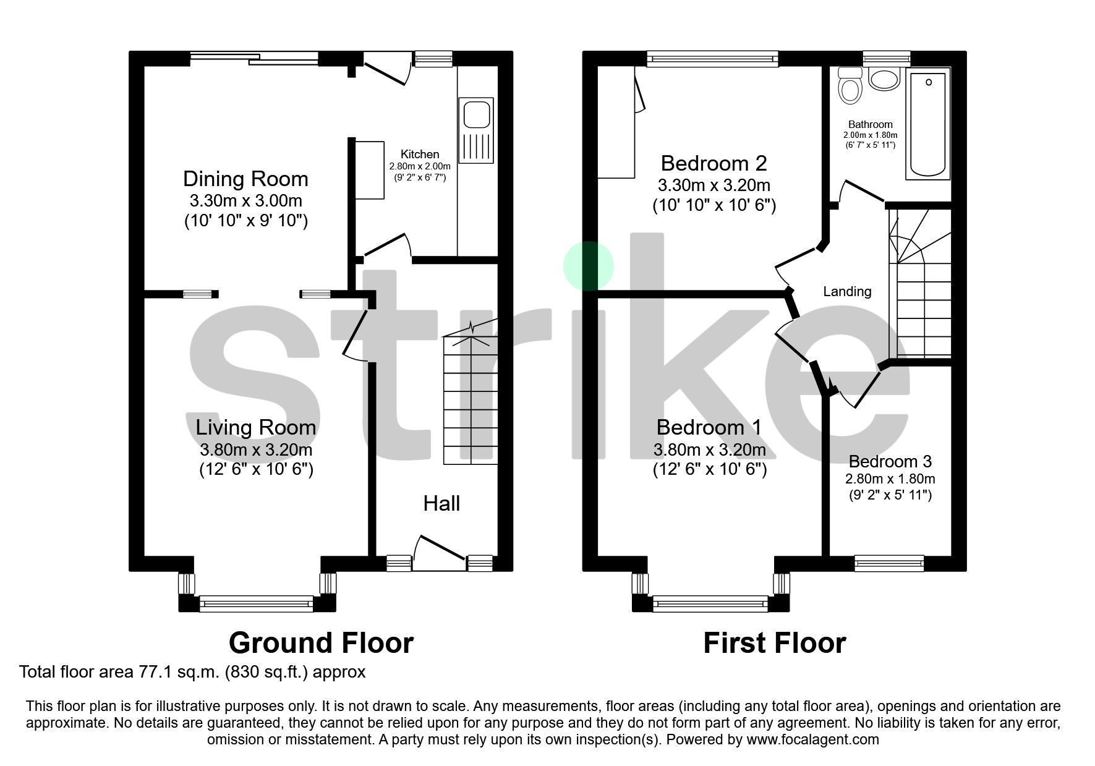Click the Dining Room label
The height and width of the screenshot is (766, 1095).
(245, 179)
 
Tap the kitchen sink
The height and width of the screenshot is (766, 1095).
(475, 130)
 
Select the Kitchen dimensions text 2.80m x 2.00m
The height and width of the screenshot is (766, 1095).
(419, 166)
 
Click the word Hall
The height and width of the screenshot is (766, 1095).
(441, 504)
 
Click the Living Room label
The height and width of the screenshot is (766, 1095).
(255, 427)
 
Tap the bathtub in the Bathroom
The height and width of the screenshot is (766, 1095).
(927, 124)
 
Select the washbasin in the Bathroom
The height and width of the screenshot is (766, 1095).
(884, 79)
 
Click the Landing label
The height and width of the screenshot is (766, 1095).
(847, 292)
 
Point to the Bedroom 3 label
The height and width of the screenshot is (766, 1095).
(890, 462)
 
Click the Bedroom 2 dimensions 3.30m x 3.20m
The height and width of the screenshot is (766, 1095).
(714, 185)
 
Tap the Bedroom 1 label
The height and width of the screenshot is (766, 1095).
(709, 427)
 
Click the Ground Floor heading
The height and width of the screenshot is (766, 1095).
(321, 643)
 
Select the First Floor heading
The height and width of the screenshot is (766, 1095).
(774, 643)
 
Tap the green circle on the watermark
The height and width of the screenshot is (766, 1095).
(588, 266)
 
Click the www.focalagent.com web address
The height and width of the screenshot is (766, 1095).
(812, 739)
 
